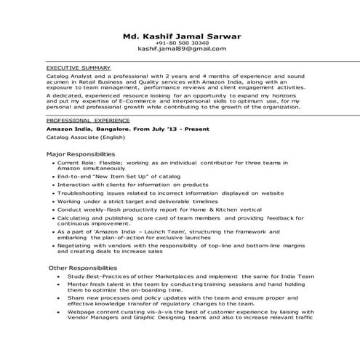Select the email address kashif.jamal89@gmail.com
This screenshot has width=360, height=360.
(181, 49)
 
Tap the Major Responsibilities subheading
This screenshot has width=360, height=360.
(81, 154)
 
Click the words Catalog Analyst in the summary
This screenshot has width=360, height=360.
(67, 75)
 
